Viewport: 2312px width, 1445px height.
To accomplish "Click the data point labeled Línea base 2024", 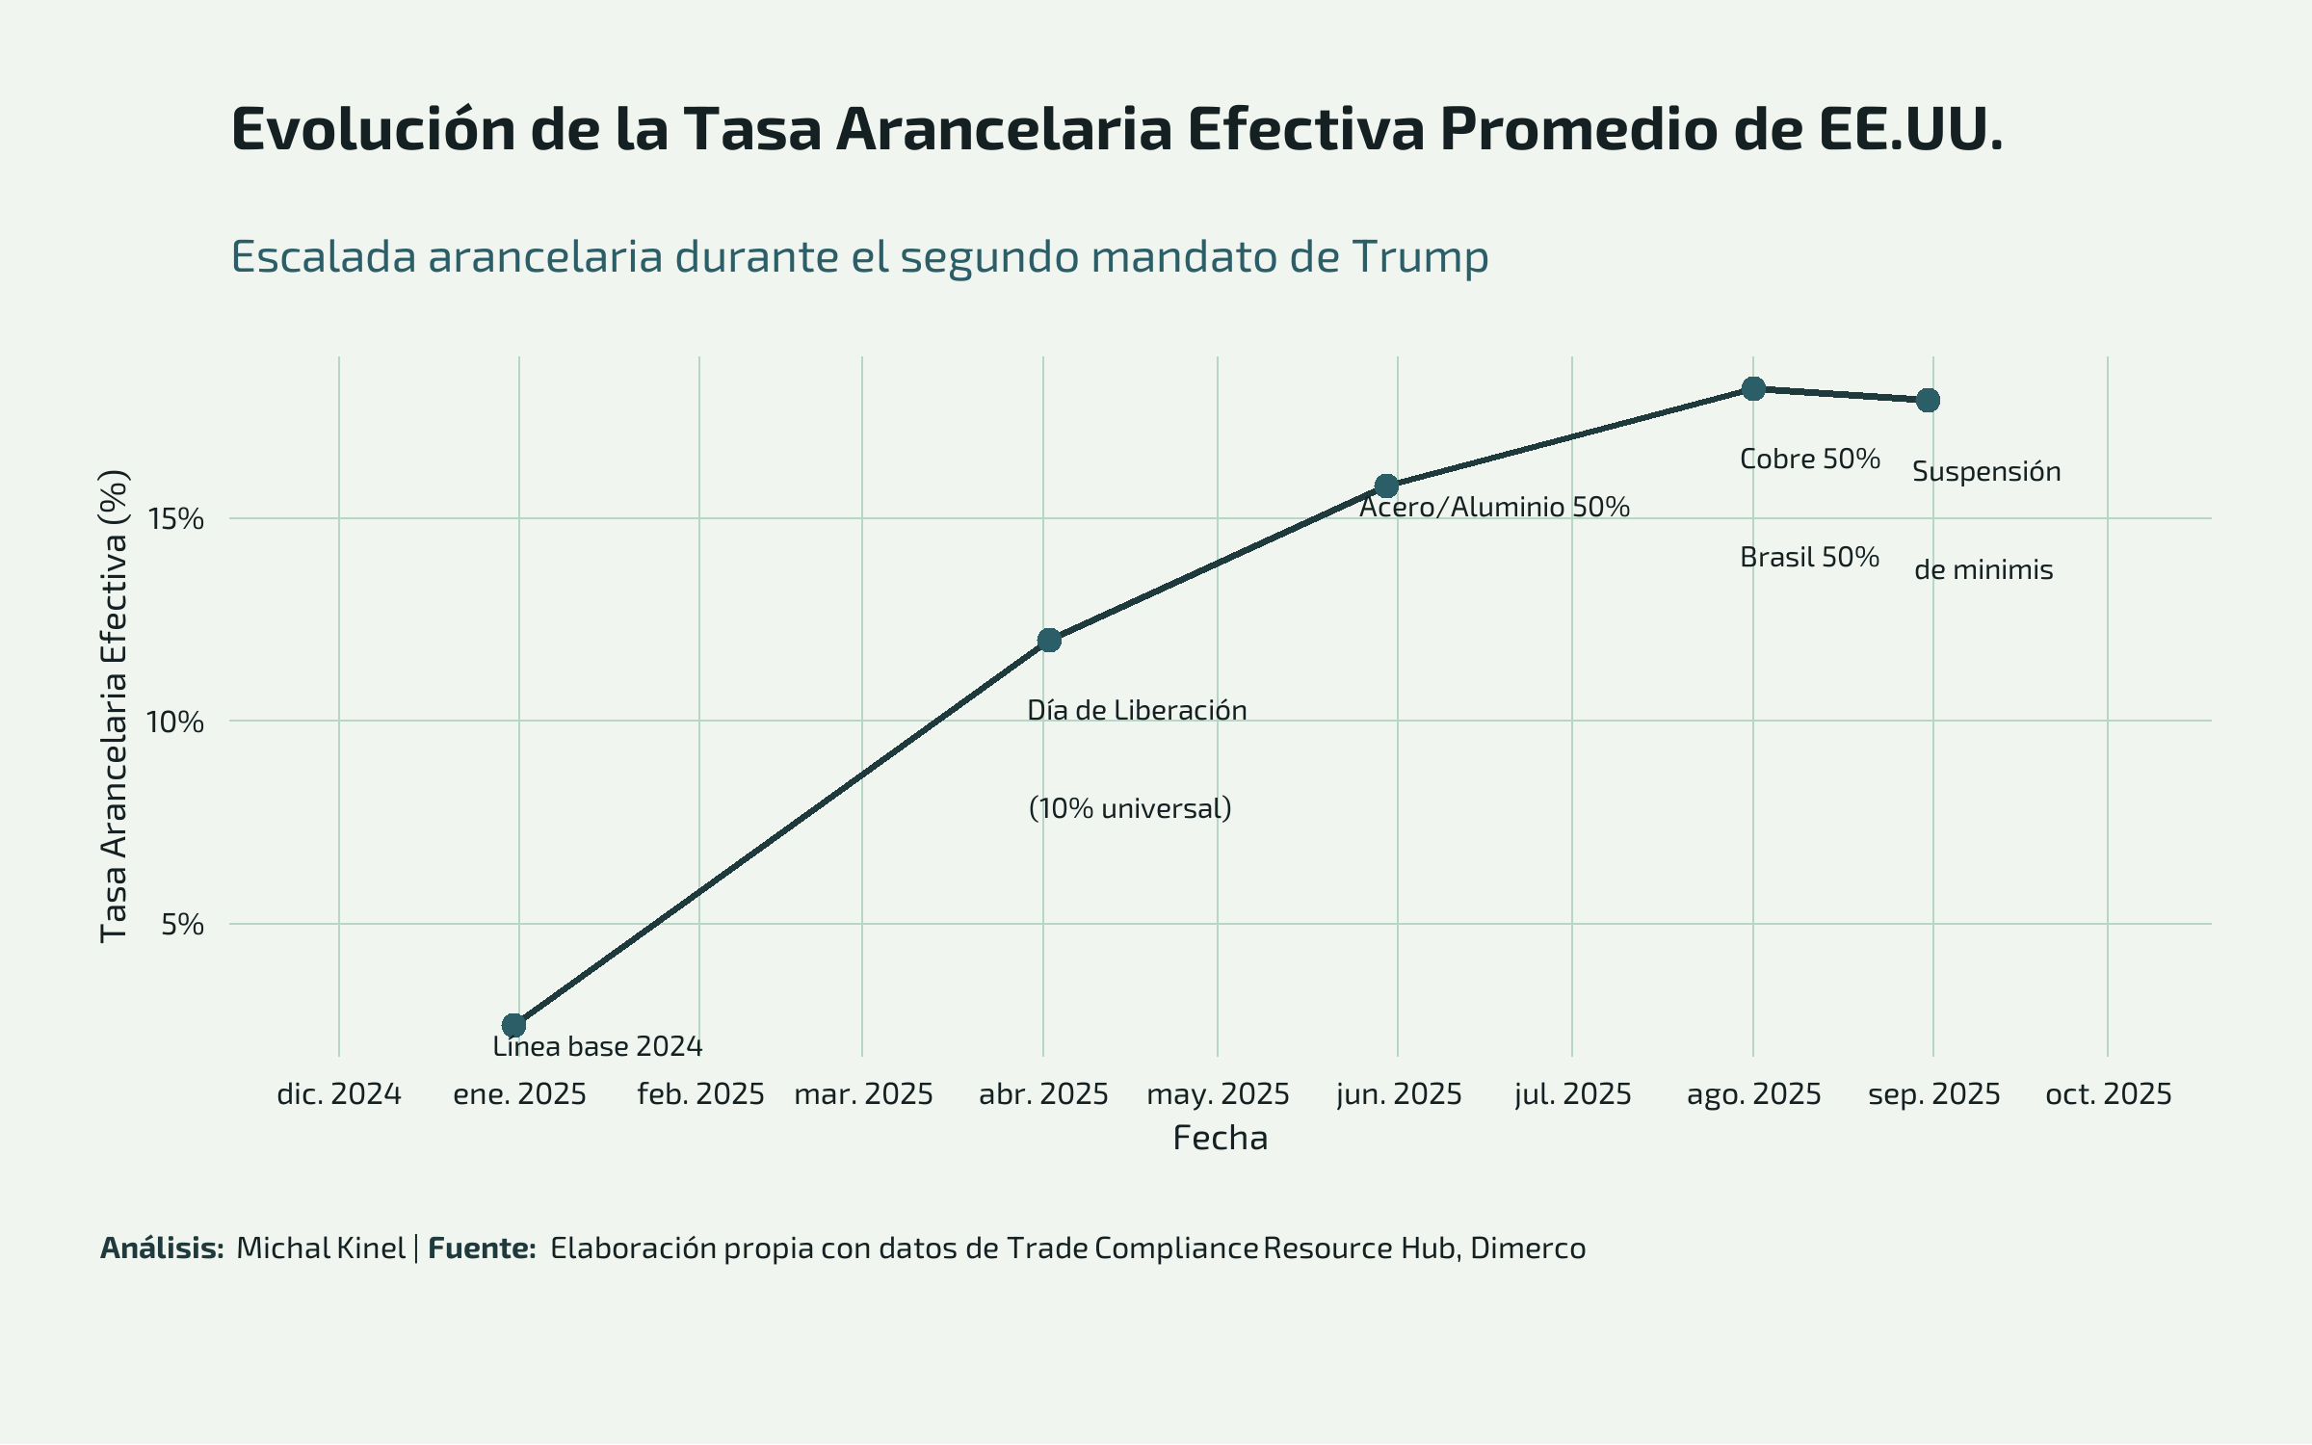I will (x=514, y=1025).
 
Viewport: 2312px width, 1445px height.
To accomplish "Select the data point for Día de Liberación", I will (x=1049, y=641).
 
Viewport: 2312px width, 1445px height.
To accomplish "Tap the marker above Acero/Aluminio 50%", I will (x=1386, y=486).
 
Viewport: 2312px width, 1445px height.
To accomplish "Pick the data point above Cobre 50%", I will (x=1753, y=388).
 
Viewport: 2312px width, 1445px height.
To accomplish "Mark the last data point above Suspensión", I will (x=1928, y=400).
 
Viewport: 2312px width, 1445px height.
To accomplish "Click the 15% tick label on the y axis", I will (x=175, y=519).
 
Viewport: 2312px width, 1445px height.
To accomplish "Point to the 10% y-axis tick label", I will (x=175, y=722).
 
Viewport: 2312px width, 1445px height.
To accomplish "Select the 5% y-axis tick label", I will (x=182, y=925).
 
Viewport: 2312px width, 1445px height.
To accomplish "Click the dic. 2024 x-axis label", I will (x=339, y=1094).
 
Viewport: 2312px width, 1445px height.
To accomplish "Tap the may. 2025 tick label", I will (x=1218, y=1094).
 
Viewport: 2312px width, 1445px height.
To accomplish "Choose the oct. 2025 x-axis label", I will (x=2109, y=1094).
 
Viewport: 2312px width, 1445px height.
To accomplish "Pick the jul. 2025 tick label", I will (x=1573, y=1094).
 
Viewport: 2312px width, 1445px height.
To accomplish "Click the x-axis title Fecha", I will (x=1220, y=1139).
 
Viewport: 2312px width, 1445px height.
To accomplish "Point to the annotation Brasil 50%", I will (x=1809, y=557).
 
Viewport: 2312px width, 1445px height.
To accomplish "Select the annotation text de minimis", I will (x=1984, y=569).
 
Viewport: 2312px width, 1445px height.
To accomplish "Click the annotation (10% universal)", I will (x=1130, y=808).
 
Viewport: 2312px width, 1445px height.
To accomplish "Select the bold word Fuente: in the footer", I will (x=482, y=1248).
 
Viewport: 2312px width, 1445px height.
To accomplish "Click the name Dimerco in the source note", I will (x=1528, y=1248).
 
